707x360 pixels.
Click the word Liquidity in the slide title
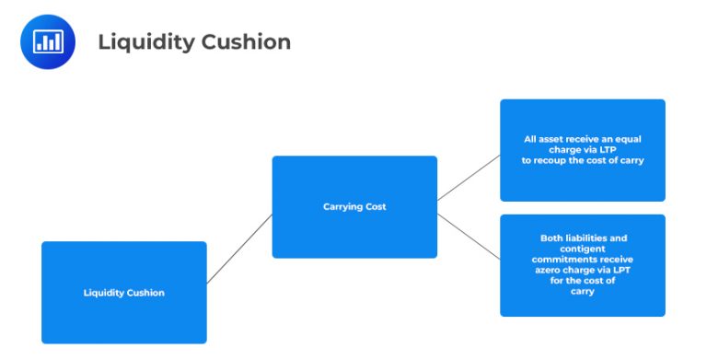tap(135, 41)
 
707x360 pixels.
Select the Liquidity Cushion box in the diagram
tap(123, 292)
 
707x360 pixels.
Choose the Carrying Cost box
tap(353, 206)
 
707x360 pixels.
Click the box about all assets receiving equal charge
tap(582, 150)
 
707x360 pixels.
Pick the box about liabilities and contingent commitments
tap(582, 265)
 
